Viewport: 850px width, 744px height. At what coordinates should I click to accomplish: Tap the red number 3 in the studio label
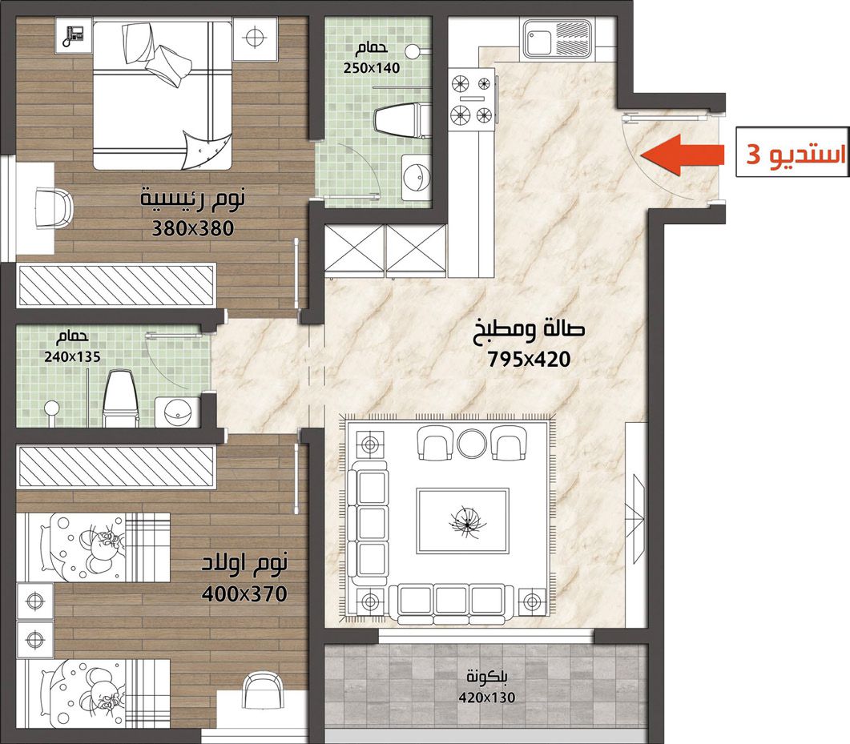[x=753, y=155]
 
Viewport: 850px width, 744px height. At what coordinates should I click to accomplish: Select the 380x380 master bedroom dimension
[x=192, y=228]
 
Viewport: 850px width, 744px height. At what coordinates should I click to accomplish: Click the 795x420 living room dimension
[x=529, y=359]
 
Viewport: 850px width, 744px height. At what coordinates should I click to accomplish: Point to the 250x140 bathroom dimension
[x=372, y=68]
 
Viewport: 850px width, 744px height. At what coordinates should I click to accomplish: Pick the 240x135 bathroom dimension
[x=72, y=356]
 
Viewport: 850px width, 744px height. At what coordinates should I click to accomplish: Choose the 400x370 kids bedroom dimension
[x=244, y=594]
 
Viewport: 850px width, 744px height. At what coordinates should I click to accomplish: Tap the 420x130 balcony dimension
[x=487, y=697]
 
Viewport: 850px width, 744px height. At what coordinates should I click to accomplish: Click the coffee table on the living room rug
[x=462, y=521]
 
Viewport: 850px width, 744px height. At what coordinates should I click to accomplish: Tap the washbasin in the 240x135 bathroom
[x=177, y=412]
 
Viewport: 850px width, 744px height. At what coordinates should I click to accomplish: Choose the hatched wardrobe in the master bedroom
[x=116, y=285]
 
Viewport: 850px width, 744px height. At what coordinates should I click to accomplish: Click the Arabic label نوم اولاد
[x=244, y=564]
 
